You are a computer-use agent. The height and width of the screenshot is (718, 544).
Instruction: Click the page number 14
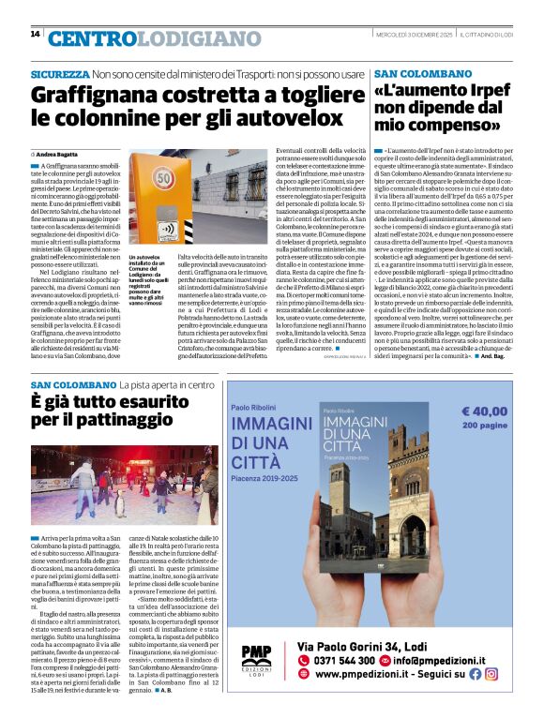point(35,34)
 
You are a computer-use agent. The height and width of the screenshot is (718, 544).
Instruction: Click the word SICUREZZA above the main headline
point(60,73)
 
